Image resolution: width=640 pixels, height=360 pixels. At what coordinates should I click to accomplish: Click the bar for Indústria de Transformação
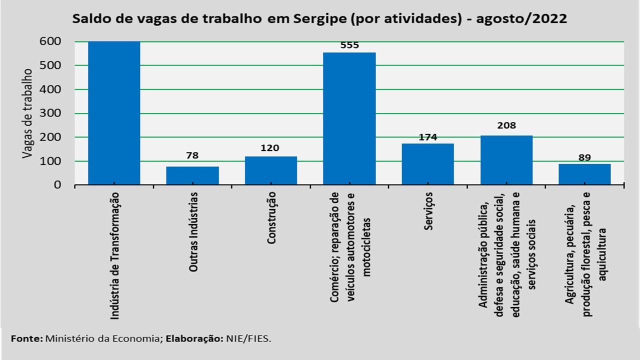(114, 113)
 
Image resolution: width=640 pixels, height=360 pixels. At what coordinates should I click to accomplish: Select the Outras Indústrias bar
(192, 175)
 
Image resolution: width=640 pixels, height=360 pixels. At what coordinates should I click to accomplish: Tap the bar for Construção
(270, 170)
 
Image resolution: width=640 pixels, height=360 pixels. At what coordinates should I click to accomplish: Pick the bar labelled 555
(349, 118)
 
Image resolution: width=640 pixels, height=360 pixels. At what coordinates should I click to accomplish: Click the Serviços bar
(427, 164)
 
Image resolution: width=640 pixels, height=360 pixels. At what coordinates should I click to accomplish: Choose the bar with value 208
(506, 160)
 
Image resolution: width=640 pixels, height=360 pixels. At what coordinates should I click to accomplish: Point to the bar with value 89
(584, 174)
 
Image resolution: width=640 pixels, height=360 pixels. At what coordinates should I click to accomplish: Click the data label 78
(192, 155)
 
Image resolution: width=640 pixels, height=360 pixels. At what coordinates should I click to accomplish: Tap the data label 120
(270, 148)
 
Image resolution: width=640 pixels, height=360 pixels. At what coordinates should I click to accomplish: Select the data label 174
(427, 136)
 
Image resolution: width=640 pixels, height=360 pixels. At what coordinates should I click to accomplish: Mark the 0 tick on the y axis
(57, 185)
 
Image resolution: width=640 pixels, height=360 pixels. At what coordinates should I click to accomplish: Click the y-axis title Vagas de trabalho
(27, 113)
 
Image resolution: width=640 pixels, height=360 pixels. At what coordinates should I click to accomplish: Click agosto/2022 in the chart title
(521, 19)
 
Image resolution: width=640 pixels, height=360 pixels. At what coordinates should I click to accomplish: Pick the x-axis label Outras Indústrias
(193, 231)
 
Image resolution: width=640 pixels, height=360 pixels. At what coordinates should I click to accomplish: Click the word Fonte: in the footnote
(27, 338)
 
